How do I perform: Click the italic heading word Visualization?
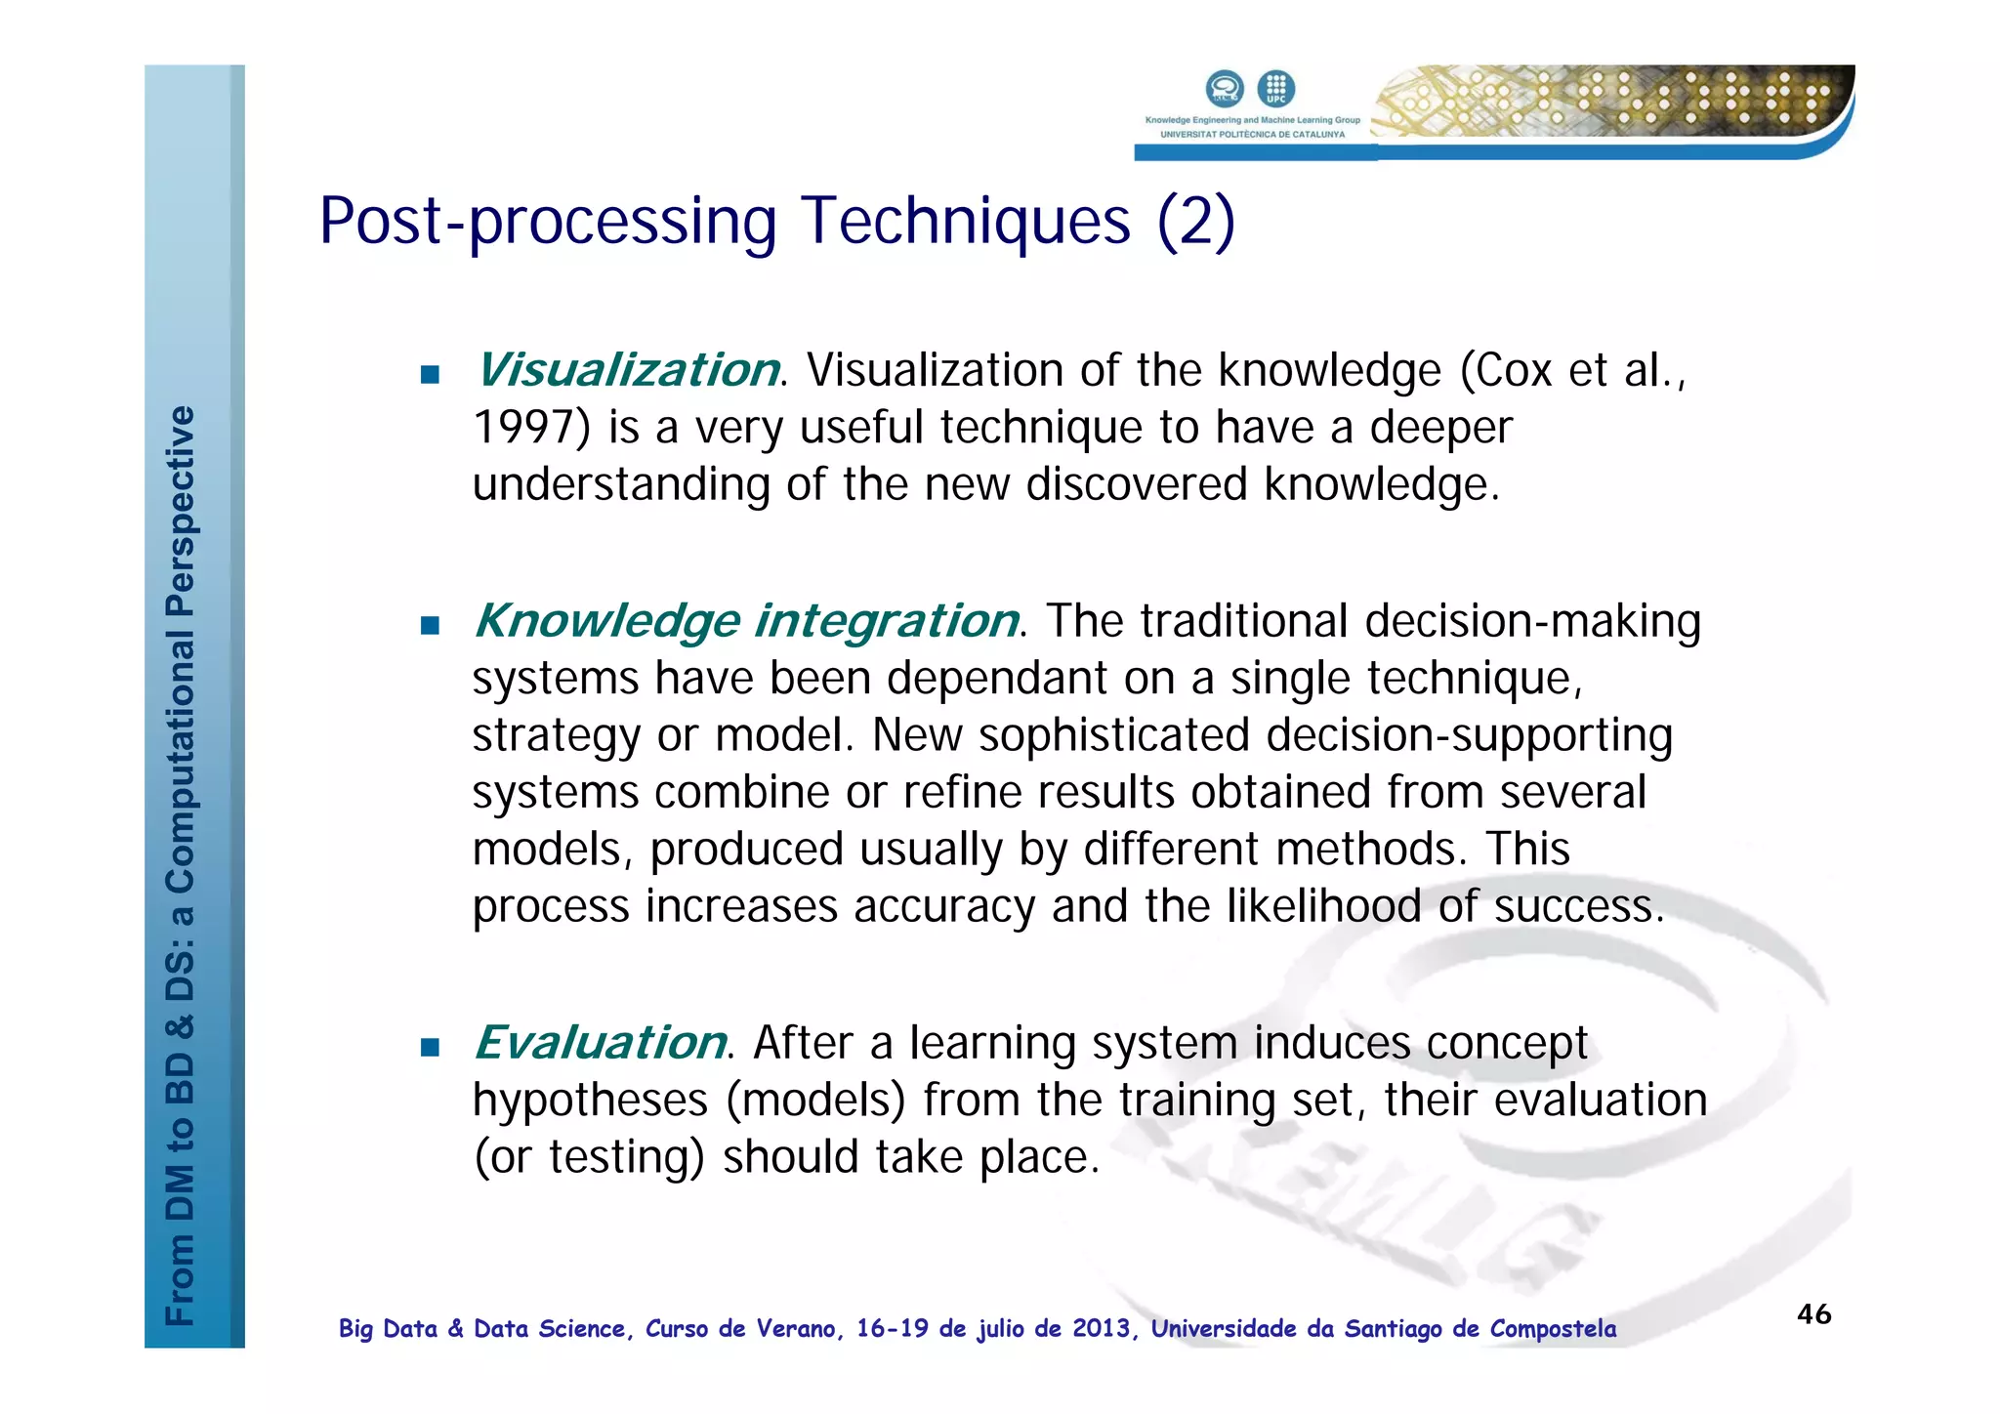click(627, 370)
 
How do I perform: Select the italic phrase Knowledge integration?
click(746, 621)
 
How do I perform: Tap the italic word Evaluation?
click(600, 1043)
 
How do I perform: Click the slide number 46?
click(1813, 1314)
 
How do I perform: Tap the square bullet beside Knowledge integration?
click(430, 625)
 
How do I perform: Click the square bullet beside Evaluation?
click(430, 1048)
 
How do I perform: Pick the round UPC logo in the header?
click(1275, 89)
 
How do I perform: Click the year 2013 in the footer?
click(1102, 1329)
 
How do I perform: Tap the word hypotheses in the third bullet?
click(590, 1101)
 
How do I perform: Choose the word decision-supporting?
click(1469, 735)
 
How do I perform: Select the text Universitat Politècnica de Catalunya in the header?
click(1252, 135)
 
